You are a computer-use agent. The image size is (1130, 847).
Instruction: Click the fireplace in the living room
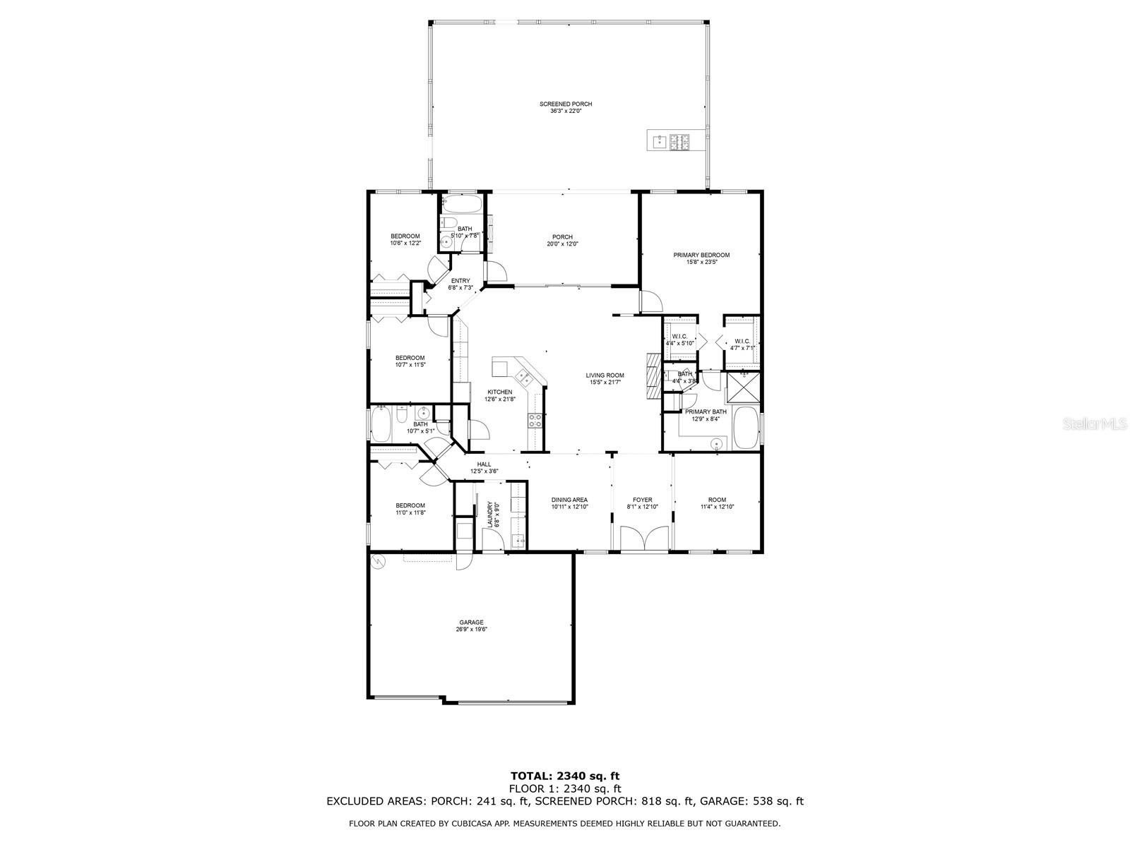pyautogui.click(x=653, y=376)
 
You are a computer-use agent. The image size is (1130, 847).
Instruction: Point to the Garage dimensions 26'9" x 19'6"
pyautogui.click(x=471, y=629)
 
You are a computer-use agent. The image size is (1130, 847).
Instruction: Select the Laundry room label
pyautogui.click(x=489, y=514)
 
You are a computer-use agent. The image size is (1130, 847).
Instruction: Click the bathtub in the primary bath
pyautogui.click(x=745, y=428)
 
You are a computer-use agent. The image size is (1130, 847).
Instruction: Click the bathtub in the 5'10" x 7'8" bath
pyautogui.click(x=462, y=205)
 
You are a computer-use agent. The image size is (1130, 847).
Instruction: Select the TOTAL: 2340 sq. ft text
pyautogui.click(x=565, y=776)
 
